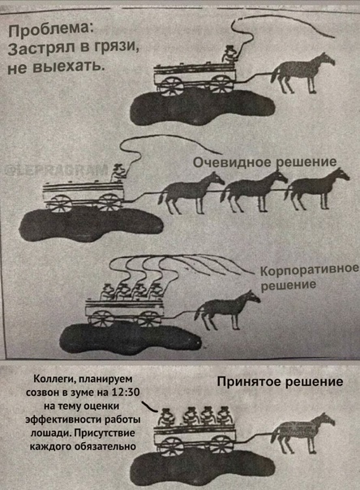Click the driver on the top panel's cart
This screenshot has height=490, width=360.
(x=231, y=54)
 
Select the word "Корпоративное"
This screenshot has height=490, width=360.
(x=306, y=270)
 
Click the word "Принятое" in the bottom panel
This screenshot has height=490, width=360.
(x=246, y=381)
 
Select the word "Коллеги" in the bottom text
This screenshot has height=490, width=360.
(x=52, y=380)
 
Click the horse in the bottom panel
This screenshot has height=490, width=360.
(x=304, y=434)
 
